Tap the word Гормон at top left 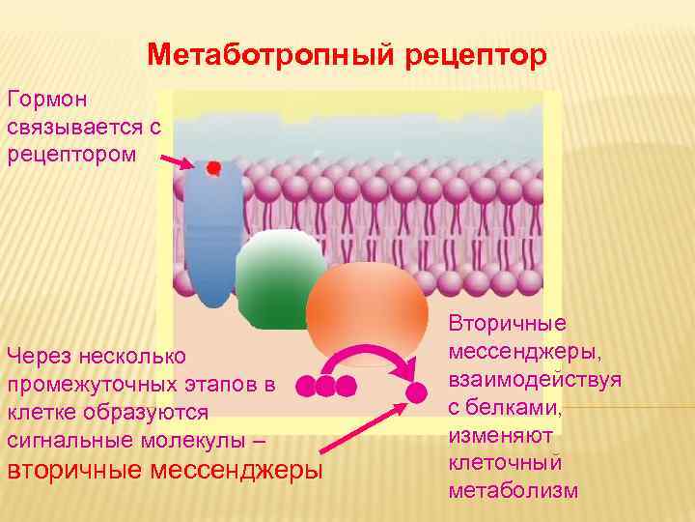pos(47,100)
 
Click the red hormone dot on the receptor pos(213,168)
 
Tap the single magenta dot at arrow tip pos(416,392)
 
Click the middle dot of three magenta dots pos(325,387)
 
